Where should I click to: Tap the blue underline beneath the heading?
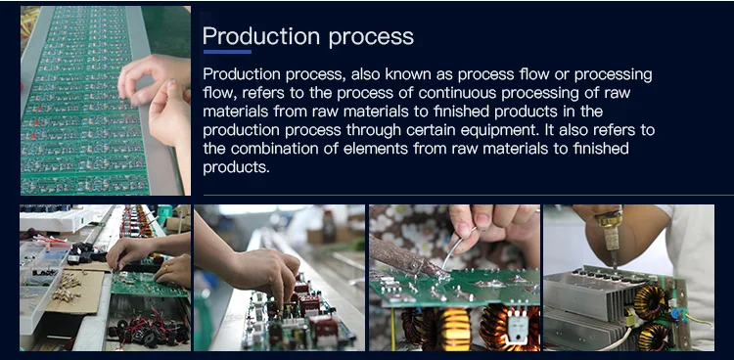click(x=227, y=52)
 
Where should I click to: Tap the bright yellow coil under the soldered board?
click(x=453, y=329)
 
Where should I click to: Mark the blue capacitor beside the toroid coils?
click(x=675, y=313)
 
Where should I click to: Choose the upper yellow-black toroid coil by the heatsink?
click(x=650, y=301)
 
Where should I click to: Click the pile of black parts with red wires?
click(x=149, y=329)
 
